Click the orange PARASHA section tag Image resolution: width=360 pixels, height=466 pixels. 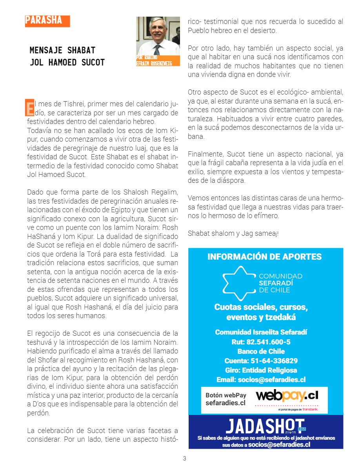pos(47,21)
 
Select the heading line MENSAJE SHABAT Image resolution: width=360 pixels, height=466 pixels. pos(63,51)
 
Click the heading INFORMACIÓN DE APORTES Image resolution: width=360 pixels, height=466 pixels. pos(264,257)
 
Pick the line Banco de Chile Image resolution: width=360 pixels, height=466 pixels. pos(261,351)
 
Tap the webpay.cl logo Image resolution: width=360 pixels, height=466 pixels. pos(287,395)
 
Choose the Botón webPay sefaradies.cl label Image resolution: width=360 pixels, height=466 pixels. pos(226,399)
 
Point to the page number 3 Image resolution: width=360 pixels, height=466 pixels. pos(185,459)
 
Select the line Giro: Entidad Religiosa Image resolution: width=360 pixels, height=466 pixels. pos(261,370)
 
